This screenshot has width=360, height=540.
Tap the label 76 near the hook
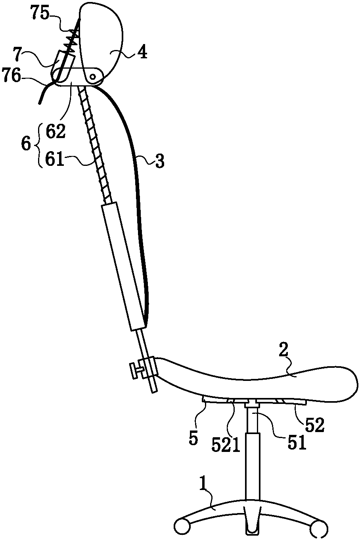[x=11, y=76]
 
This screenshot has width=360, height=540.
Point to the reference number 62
[x=56, y=131]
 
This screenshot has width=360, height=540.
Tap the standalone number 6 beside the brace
[x=26, y=145]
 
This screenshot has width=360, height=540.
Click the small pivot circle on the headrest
[x=92, y=77]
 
